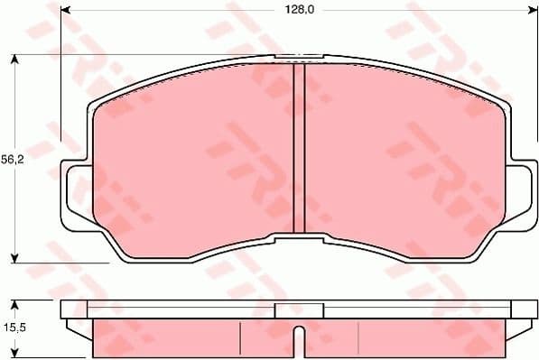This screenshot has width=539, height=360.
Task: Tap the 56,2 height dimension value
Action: pyautogui.click(x=12, y=158)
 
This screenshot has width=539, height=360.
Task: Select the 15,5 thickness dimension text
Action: pyautogui.click(x=12, y=329)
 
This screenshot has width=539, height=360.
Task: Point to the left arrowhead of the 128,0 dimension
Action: pyautogui.click(x=65, y=10)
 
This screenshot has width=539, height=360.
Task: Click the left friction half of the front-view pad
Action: pyautogui.click(x=194, y=153)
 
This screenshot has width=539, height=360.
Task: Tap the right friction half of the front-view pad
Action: pyautogui.click(x=397, y=153)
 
